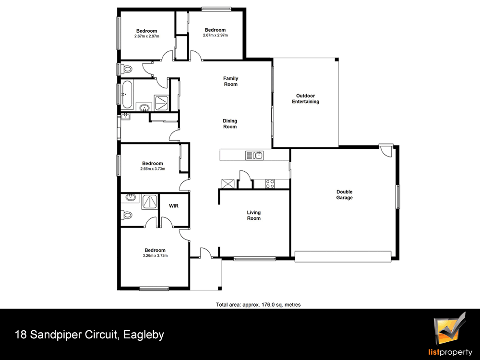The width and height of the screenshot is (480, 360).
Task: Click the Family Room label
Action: coord(230,82)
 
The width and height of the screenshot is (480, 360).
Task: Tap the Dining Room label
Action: coord(230,124)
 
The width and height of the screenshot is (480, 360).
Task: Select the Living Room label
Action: coord(254,215)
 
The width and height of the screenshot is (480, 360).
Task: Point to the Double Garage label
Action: coord(344,195)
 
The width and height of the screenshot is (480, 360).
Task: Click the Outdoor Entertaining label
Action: coord(305,98)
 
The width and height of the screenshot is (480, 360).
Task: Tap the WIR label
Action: coord(174,206)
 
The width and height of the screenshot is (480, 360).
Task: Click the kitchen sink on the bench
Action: coord(254,155)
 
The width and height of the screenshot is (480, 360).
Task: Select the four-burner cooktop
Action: coord(270,184)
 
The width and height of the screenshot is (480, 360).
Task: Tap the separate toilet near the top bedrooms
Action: coord(127,69)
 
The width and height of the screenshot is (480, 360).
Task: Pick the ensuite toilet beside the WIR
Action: coord(126,215)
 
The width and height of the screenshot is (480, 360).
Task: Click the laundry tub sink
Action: coord(125,117)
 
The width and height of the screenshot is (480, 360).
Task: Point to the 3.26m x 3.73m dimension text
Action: coord(155,256)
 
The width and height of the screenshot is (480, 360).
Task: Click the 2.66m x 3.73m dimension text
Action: coord(153,168)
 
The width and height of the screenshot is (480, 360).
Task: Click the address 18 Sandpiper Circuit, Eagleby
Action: coord(89,335)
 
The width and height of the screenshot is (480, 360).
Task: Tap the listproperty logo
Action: coord(450,336)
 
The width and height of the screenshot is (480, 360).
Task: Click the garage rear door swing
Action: coord(386,151)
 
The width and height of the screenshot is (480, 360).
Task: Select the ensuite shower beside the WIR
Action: coord(149,202)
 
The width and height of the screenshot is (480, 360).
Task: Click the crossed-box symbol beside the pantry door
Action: coord(228,184)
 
